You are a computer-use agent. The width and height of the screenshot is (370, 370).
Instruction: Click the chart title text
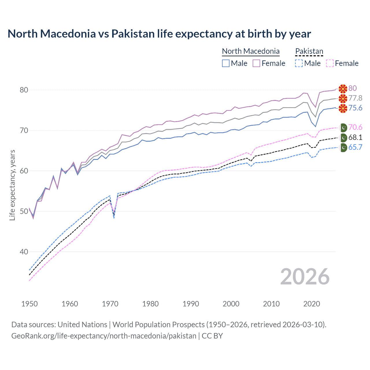pos(159,34)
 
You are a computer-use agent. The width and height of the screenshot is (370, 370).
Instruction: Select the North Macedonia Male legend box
pos(226,63)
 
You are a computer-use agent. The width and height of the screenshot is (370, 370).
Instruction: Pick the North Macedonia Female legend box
pos(256,63)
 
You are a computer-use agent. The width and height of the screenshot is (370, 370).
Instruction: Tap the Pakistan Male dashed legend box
pos(299,63)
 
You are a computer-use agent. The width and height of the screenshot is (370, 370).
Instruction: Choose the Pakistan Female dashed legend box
pos(330,63)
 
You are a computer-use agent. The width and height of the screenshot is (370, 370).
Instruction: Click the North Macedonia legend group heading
pos(251,51)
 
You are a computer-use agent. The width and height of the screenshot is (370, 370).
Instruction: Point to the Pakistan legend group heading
pos(309,51)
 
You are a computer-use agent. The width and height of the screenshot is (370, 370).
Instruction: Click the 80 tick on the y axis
pos(24,90)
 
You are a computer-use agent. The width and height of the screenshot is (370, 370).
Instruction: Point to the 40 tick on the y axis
pos(24,252)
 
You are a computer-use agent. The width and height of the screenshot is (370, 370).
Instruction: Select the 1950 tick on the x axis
pos(29,304)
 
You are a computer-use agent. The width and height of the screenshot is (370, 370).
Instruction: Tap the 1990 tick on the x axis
pos(191,304)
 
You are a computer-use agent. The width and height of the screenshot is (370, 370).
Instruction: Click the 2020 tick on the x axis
pos(312,304)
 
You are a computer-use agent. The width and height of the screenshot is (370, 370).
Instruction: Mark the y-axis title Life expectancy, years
pos(12,185)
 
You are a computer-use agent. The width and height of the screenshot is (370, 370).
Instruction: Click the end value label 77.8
pos(355,98)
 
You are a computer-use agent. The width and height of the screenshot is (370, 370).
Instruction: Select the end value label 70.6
pos(355,127)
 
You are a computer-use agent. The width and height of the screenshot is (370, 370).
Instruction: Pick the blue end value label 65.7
pos(355,147)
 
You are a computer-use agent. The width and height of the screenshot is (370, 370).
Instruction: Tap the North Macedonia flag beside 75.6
pos(343,108)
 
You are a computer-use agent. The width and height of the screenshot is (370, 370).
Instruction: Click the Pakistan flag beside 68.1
pos(343,138)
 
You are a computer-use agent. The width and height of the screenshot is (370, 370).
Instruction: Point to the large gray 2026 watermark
pos(305,277)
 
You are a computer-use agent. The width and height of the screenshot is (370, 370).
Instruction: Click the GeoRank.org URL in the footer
pos(104,336)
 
